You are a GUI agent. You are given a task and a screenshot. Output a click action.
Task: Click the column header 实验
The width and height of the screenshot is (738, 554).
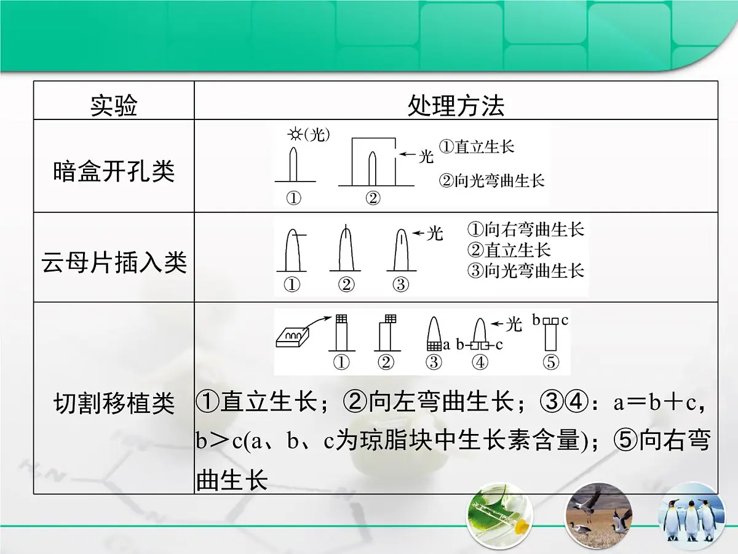coord(114,106)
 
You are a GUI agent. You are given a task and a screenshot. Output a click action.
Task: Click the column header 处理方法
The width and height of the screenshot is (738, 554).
coord(456,106)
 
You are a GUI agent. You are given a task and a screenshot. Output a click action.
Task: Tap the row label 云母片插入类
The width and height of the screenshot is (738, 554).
coord(114,263)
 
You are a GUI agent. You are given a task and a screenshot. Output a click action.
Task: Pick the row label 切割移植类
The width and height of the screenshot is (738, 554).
coord(114,404)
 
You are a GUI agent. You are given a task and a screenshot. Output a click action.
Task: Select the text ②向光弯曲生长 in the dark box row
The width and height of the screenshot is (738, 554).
coord(492,181)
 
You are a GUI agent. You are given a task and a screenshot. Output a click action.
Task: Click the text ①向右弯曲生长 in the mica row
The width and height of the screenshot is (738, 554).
coord(525,230)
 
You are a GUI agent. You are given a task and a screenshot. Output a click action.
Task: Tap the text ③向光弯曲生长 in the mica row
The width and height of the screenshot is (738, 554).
coord(525,270)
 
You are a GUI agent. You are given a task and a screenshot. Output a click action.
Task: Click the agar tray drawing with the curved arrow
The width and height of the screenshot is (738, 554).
coord(294,335)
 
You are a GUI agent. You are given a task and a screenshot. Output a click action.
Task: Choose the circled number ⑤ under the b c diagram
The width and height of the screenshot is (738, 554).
coord(551,363)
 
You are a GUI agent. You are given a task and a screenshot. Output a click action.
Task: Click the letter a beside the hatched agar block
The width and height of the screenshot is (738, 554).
coord(446,345)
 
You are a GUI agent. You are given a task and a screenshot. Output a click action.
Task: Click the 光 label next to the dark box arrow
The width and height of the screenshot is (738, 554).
coord(426,157)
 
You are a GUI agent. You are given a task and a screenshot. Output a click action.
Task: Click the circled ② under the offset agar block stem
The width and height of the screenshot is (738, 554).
coord(386,363)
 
